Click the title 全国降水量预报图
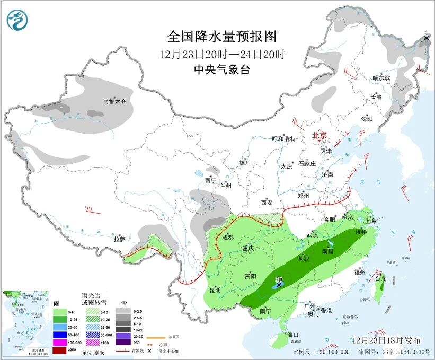(222, 36)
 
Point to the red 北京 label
(321, 135)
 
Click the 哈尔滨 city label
(381, 78)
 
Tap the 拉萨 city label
(120, 239)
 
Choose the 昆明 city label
(215, 290)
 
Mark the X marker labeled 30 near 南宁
(279, 285)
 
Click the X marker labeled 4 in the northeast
(427, 38)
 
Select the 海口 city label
(293, 335)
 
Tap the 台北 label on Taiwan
(380, 278)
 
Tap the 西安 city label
(266, 203)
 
